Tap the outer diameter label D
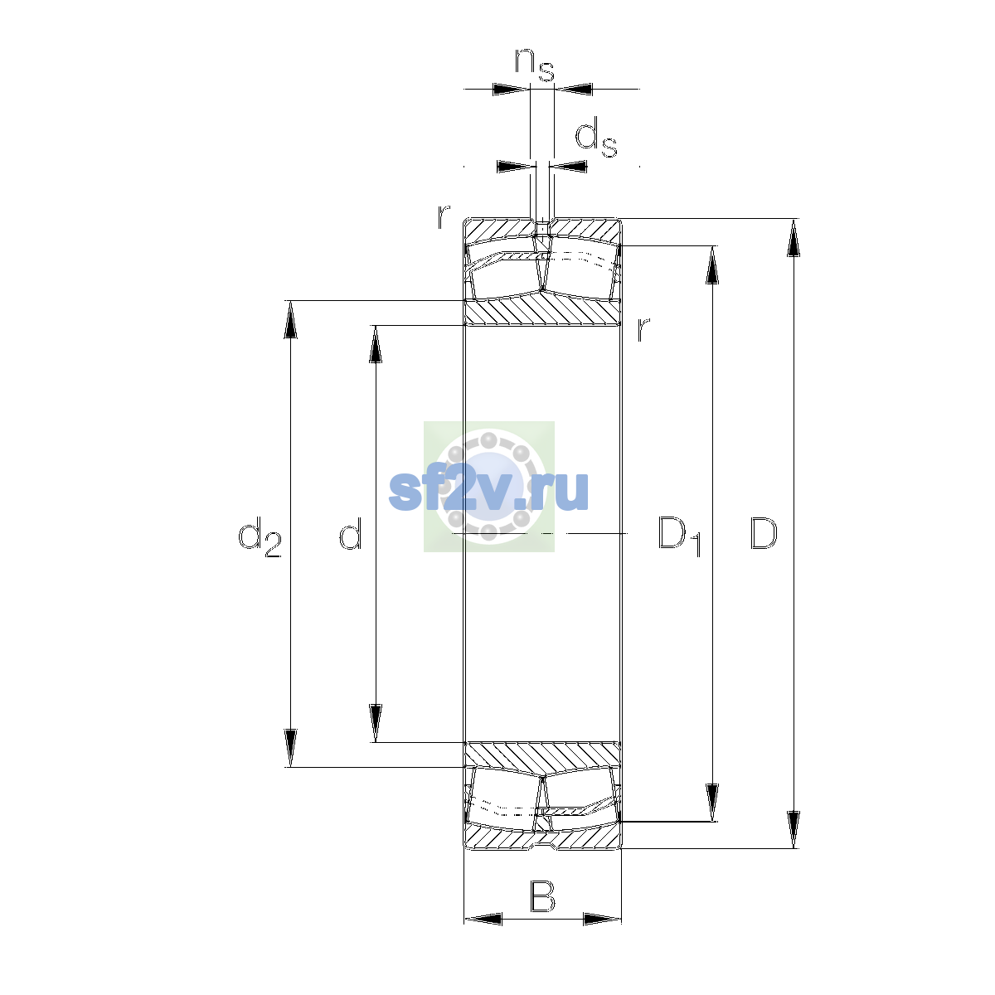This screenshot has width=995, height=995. pyautogui.click(x=763, y=533)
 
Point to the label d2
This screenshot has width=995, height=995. pyautogui.click(x=260, y=537)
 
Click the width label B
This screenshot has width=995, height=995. pyautogui.click(x=542, y=897)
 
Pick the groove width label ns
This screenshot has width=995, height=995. pyautogui.click(x=535, y=65)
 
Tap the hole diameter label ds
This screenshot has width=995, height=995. pyautogui.click(x=596, y=137)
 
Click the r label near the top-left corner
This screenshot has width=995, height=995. pyautogui.click(x=444, y=217)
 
